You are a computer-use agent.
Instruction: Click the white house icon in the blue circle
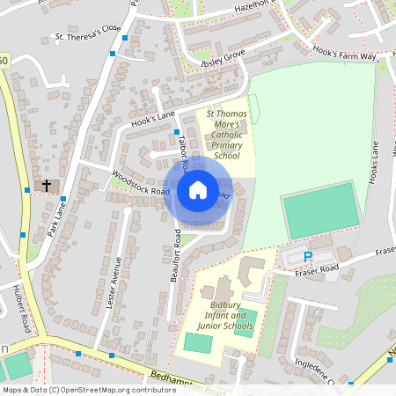[x=198, y=190]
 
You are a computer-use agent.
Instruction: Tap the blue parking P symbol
[x=307, y=257]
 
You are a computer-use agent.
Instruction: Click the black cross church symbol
[x=47, y=186]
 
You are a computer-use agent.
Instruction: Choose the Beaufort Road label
[x=174, y=255]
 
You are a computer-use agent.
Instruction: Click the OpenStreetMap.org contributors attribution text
[x=114, y=389]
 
